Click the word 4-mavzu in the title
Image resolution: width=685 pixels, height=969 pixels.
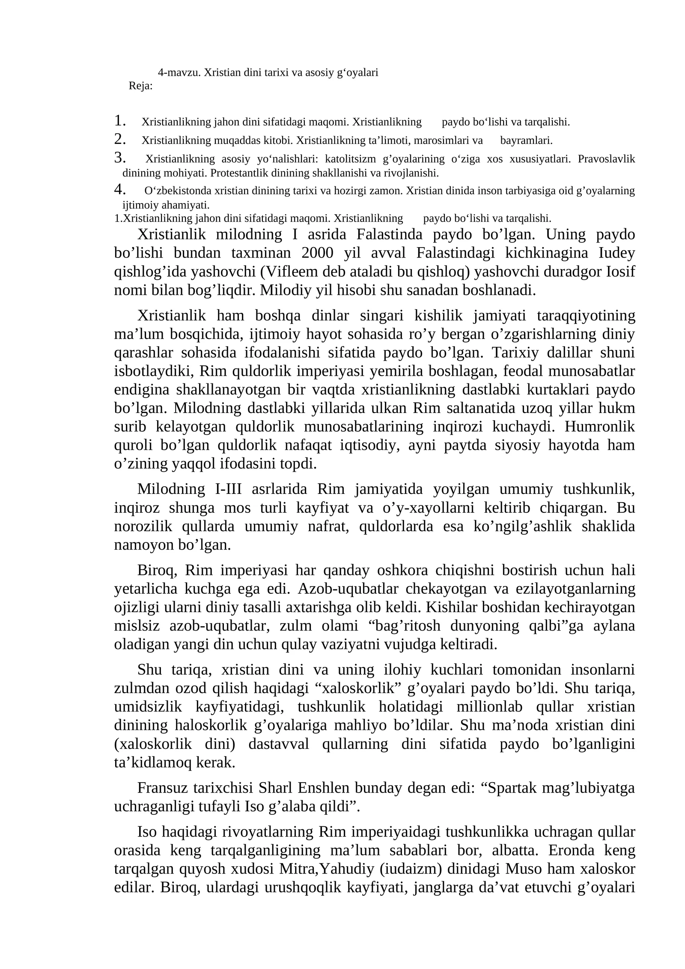[x=179, y=72]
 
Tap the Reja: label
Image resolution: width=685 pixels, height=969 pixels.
[x=140, y=86]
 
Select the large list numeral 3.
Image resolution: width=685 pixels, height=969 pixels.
[x=119, y=158]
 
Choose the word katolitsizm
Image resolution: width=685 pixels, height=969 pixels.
[x=350, y=159]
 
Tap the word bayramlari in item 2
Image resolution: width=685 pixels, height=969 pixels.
[x=526, y=141]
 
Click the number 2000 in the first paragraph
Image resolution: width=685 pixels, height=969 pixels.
[x=317, y=253]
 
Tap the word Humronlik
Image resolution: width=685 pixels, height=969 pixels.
[x=600, y=427]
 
